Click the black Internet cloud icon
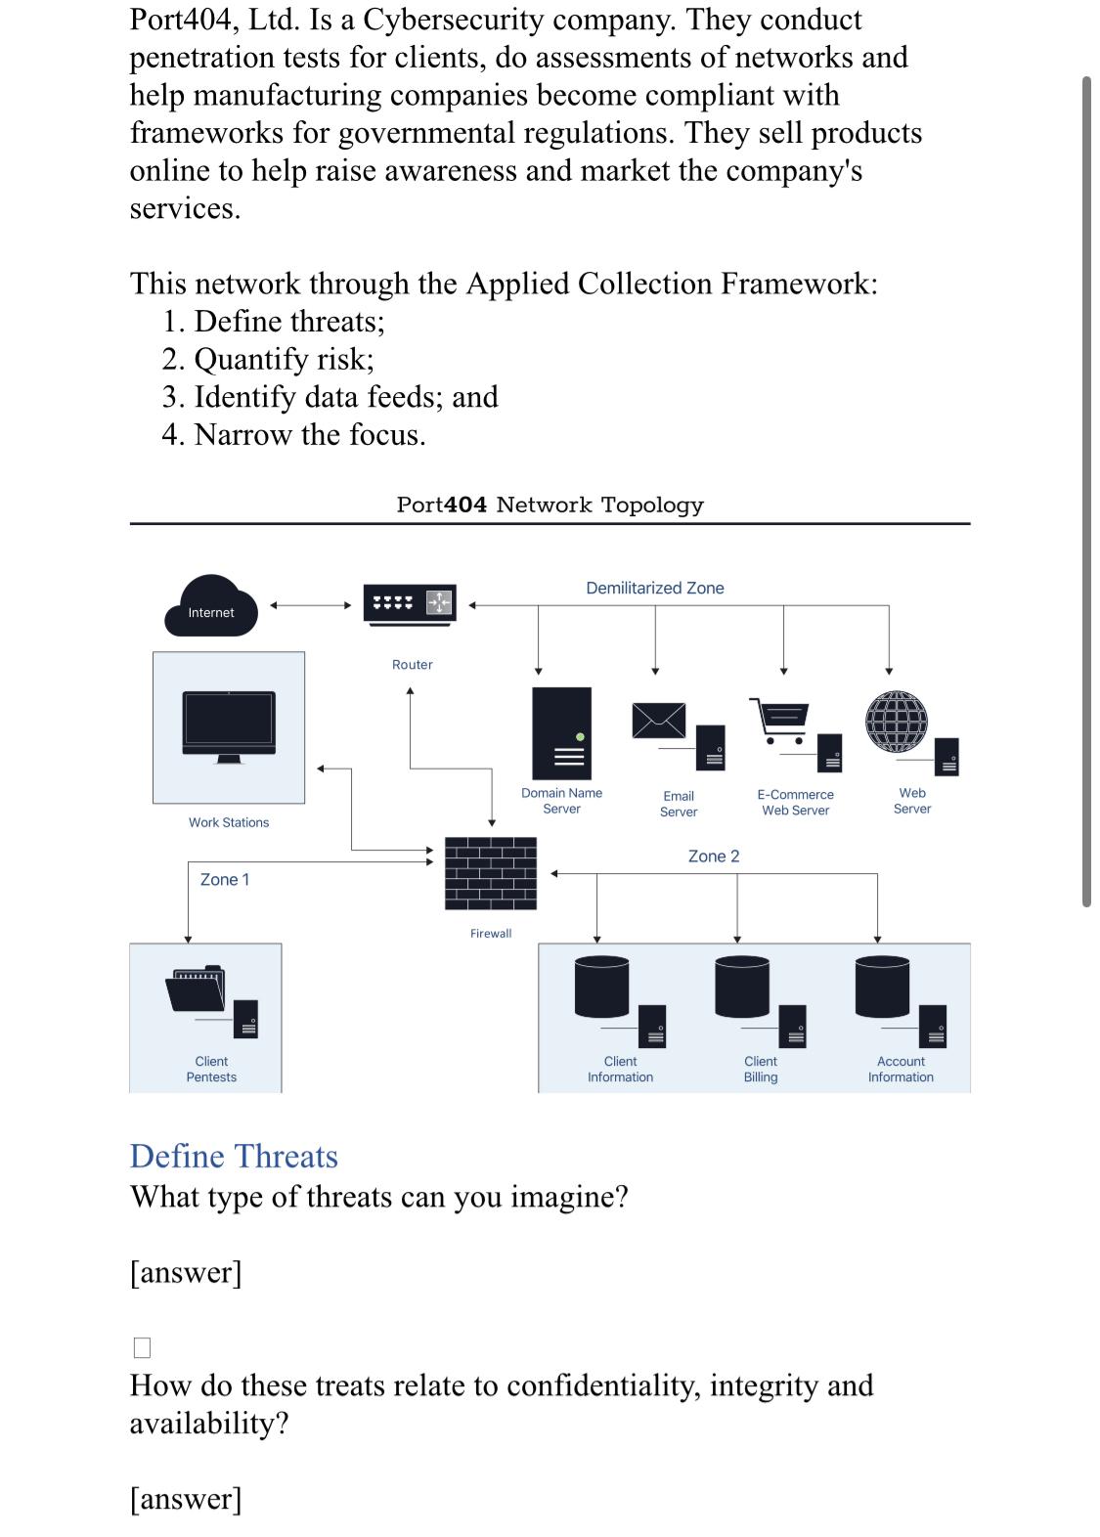210,606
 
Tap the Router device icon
410,602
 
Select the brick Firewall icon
491,872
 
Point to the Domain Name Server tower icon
561,732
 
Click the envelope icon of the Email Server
658,721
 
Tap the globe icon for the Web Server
895,722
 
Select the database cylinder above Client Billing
742,986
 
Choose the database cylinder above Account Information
882,986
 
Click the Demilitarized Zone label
655,588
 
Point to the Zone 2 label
714,856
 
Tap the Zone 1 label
225,880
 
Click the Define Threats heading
234,1156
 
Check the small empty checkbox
142,1347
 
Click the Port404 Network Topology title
550,505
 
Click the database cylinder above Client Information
601,986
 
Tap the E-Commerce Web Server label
795,803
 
